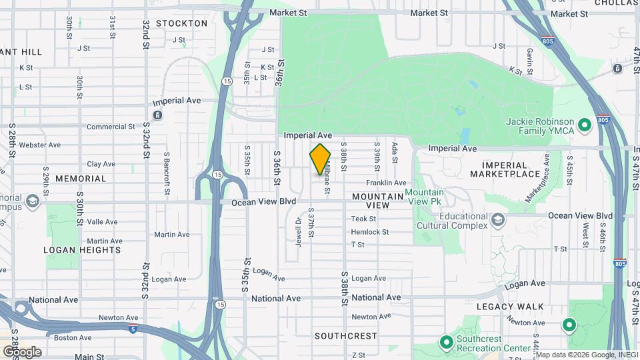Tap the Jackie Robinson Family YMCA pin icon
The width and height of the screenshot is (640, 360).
point(585,125)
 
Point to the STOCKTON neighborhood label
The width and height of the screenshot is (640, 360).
point(182,23)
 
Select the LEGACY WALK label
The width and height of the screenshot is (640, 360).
point(510,307)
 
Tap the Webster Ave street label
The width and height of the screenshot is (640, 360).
point(40,145)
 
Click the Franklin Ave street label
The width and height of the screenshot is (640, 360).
point(385,183)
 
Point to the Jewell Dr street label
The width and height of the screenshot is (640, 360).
point(298,231)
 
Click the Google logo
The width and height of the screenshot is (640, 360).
point(22,351)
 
